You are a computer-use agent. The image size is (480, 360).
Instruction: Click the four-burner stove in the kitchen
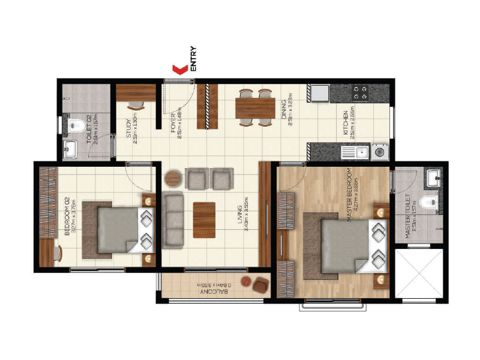coord(361,92)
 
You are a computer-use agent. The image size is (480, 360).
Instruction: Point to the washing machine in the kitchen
coord(379,152)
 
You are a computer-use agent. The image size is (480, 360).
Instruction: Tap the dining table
coord(255,109)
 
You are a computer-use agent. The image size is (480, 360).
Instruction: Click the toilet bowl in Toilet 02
coord(76,125)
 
